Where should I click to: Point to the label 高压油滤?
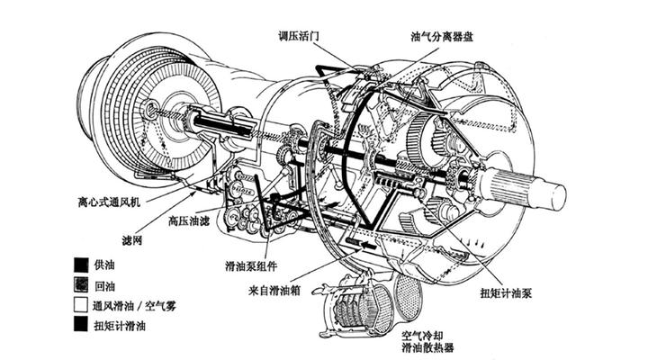click(x=188, y=219)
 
